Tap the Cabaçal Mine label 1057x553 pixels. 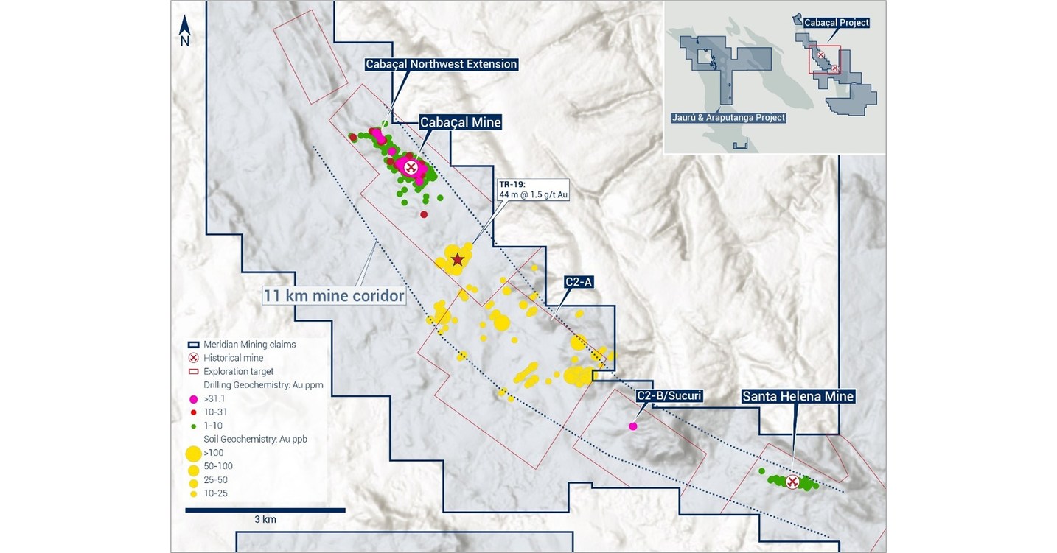point(460,123)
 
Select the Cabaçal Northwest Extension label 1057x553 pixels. point(442,64)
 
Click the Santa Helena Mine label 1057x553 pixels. point(798,396)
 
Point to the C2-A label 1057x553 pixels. point(579,281)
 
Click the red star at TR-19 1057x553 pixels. point(458,259)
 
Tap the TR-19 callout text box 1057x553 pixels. point(533,189)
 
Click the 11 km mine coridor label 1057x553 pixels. point(334,296)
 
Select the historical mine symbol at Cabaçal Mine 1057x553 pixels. point(411,167)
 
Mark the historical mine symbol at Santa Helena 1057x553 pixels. point(792,482)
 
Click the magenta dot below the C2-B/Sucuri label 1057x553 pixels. point(632,426)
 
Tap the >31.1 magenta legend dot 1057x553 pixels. point(193,398)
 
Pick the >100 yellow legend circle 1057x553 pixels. point(194,453)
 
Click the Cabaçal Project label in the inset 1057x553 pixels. point(836,23)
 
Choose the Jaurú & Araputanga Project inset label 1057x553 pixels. point(728,117)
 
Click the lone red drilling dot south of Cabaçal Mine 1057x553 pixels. point(424,214)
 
